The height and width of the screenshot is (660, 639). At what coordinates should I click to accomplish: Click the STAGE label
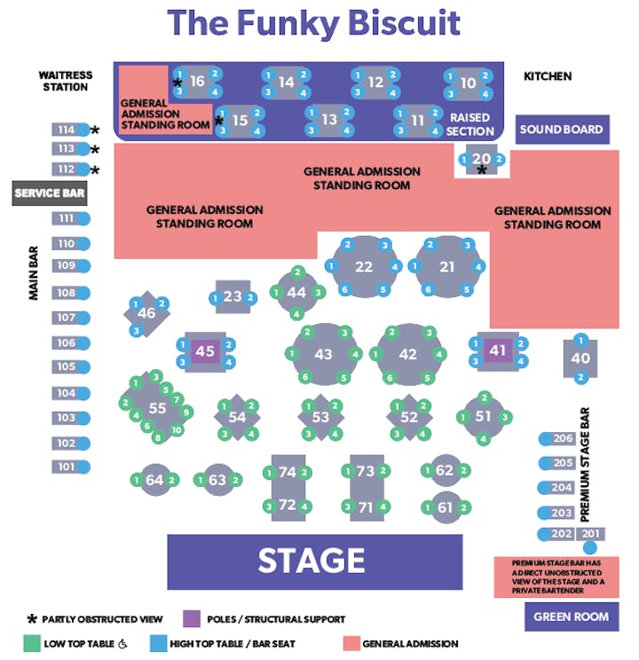pyautogui.click(x=312, y=561)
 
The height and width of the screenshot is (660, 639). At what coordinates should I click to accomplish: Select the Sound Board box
pyautogui.click(x=562, y=130)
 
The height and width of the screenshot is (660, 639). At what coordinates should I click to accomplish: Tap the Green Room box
pyautogui.click(x=572, y=617)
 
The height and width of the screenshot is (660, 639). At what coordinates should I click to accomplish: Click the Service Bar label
pyautogui.click(x=50, y=193)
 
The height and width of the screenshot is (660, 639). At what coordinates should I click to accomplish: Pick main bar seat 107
pyautogui.click(x=71, y=318)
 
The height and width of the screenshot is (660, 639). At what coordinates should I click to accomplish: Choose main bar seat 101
pyautogui.click(x=71, y=467)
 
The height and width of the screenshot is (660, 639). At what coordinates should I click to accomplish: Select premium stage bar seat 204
pyautogui.click(x=556, y=488)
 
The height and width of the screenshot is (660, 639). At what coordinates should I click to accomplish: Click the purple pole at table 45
pyautogui.click(x=206, y=351)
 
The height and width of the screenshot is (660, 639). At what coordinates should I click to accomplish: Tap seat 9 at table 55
pyautogui.click(x=186, y=412)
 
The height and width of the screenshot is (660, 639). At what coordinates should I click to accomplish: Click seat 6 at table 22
pyautogui.click(x=345, y=289)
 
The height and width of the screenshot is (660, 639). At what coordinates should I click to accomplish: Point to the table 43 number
pyautogui.click(x=323, y=355)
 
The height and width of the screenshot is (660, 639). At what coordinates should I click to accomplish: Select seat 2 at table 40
pyautogui.click(x=581, y=377)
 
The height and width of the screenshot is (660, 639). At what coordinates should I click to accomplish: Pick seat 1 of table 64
pyautogui.click(x=136, y=480)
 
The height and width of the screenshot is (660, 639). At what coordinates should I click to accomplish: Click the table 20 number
pyautogui.click(x=481, y=159)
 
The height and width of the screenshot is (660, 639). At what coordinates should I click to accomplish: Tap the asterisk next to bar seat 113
pyautogui.click(x=95, y=149)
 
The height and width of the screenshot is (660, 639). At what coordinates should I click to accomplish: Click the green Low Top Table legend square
pyautogui.click(x=32, y=643)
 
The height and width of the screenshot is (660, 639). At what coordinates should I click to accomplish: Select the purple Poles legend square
pyautogui.click(x=192, y=619)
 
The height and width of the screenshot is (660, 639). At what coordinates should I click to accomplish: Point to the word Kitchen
pyautogui.click(x=548, y=76)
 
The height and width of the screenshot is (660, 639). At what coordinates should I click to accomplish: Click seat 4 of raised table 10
pyautogui.click(x=485, y=94)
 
